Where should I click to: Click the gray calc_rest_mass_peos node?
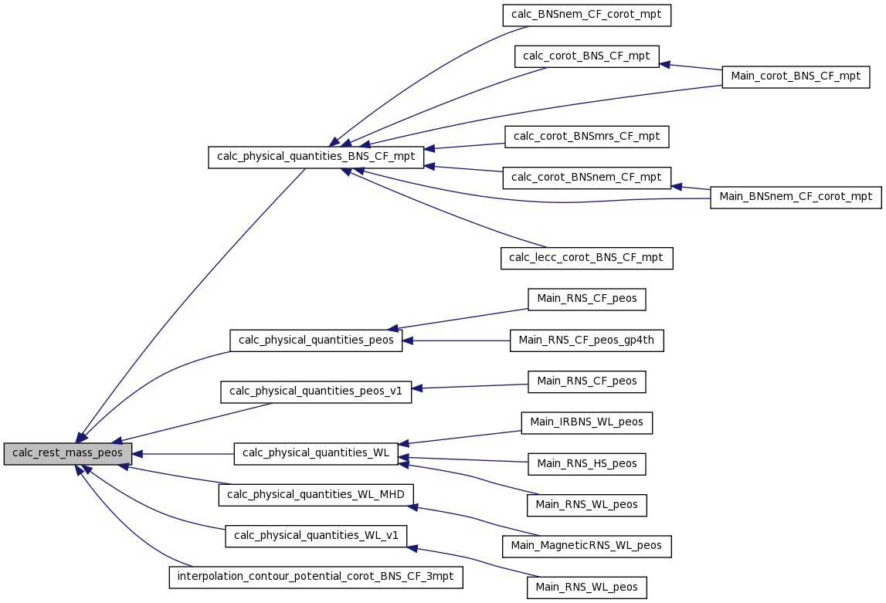[x=68, y=454]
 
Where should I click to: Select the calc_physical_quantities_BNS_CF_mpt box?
[x=316, y=157]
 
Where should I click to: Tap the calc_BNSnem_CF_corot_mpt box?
[x=586, y=15]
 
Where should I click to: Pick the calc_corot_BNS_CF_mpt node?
[x=586, y=56]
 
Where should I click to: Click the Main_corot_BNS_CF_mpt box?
[x=796, y=76]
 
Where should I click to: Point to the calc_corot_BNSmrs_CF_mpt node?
[x=586, y=137]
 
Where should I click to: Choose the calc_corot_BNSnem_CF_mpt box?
[x=586, y=178]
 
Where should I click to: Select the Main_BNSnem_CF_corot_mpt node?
[x=796, y=198]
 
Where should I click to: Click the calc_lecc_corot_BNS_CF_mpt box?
[x=586, y=259]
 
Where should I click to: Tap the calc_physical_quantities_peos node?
[x=316, y=340]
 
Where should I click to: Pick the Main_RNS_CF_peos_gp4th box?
[x=586, y=340]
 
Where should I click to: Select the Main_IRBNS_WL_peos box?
[x=586, y=423]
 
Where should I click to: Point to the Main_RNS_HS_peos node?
[x=586, y=464]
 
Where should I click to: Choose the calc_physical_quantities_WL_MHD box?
[x=316, y=495]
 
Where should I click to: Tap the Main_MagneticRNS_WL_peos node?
[x=586, y=546]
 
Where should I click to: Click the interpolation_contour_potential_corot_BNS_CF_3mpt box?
[x=316, y=577]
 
